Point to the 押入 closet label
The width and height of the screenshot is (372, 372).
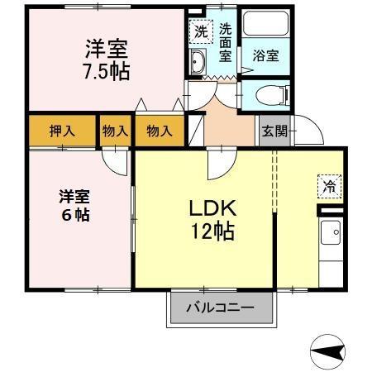coord(61,131)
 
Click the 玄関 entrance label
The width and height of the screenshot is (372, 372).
coord(274,131)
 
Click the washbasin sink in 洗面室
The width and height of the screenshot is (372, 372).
coord(199,63)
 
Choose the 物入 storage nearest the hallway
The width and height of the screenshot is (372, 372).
coord(159,131)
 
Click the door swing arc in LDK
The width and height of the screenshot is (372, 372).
coord(216,165)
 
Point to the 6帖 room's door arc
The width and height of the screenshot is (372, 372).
coord(116,161)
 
